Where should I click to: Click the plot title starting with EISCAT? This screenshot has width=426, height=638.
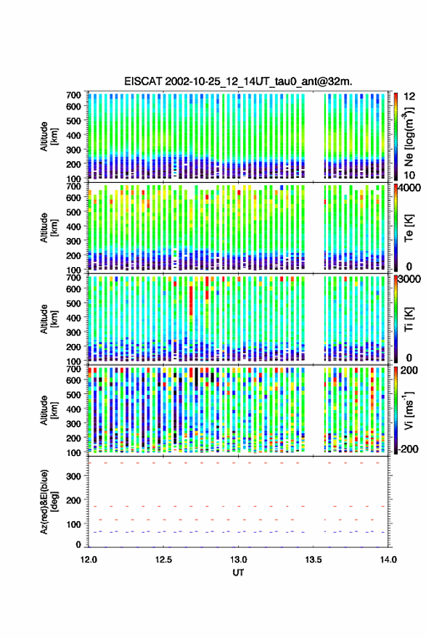coord(238,81)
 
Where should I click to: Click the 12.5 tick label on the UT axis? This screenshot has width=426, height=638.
coord(163,560)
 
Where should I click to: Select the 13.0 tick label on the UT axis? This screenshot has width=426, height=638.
coord(239,560)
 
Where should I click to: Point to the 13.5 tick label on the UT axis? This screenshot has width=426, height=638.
coord(314,560)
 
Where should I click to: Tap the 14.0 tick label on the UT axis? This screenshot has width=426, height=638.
coord(388,560)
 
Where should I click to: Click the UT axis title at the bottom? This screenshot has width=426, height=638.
coord(238,573)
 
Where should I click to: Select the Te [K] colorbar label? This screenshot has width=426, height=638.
coord(409,228)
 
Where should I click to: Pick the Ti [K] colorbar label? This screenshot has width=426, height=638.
coord(409,319)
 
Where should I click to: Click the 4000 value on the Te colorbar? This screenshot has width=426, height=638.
coord(411,189)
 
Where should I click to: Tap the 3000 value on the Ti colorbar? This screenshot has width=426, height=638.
coord(411,279)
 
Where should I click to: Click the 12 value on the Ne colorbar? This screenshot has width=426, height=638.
coord(410,97)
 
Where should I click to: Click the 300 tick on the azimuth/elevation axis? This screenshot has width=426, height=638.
coord(74,476)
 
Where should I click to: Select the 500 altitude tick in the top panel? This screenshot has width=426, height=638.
coord(74,120)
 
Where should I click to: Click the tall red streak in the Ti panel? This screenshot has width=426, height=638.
coord(191,301)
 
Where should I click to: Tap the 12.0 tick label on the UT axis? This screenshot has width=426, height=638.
coord(89,560)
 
